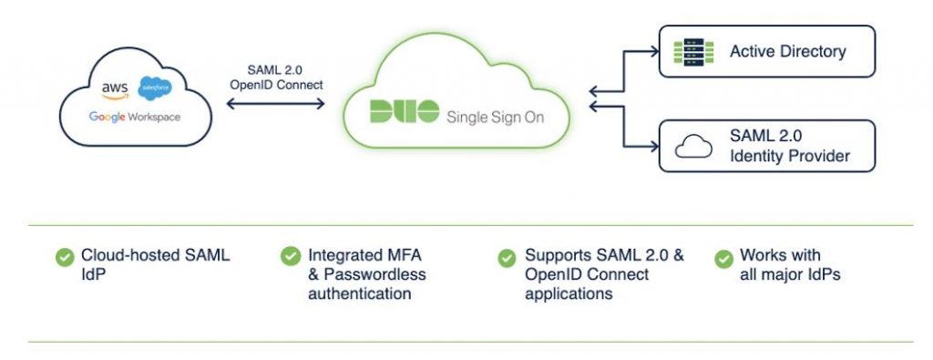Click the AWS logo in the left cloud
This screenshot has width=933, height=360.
point(115,88)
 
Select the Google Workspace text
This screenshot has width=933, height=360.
point(134,117)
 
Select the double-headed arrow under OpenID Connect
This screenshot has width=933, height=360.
point(274,104)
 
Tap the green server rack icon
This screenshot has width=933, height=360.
point(690,51)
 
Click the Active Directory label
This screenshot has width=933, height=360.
point(787,52)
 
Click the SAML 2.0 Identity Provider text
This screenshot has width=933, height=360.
point(789,146)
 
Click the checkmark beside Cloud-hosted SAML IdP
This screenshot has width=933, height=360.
point(64,257)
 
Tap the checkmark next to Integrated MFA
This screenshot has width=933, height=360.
point(290,257)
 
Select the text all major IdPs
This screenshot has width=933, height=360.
point(789,274)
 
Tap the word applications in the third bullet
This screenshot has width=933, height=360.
point(568,293)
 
